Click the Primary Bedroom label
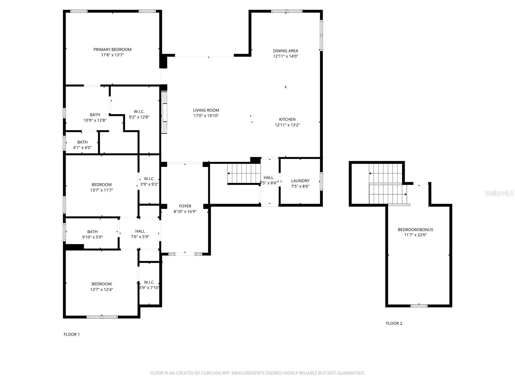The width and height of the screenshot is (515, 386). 112,50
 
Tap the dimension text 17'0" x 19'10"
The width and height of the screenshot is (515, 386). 206,116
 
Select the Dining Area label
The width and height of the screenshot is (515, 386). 286,51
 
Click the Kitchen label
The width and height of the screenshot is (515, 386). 287,119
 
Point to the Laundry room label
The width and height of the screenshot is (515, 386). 300,181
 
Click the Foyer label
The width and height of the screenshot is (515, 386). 185,206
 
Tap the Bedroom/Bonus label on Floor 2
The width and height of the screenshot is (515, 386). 415,230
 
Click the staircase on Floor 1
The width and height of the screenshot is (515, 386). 244,174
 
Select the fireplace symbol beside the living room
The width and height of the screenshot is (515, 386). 164,113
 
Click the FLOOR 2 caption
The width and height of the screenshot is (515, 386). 394,323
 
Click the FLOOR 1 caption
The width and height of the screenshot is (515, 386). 71,334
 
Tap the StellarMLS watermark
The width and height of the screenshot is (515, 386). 499,193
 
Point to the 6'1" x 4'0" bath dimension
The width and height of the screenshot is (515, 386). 82,148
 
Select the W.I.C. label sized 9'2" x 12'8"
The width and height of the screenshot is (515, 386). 139,112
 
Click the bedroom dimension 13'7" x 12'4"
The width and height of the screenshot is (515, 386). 101,289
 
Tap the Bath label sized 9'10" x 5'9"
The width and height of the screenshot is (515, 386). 92,232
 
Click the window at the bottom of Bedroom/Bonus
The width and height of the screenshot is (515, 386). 419,306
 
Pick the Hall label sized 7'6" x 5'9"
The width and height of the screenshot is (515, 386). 140,231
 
